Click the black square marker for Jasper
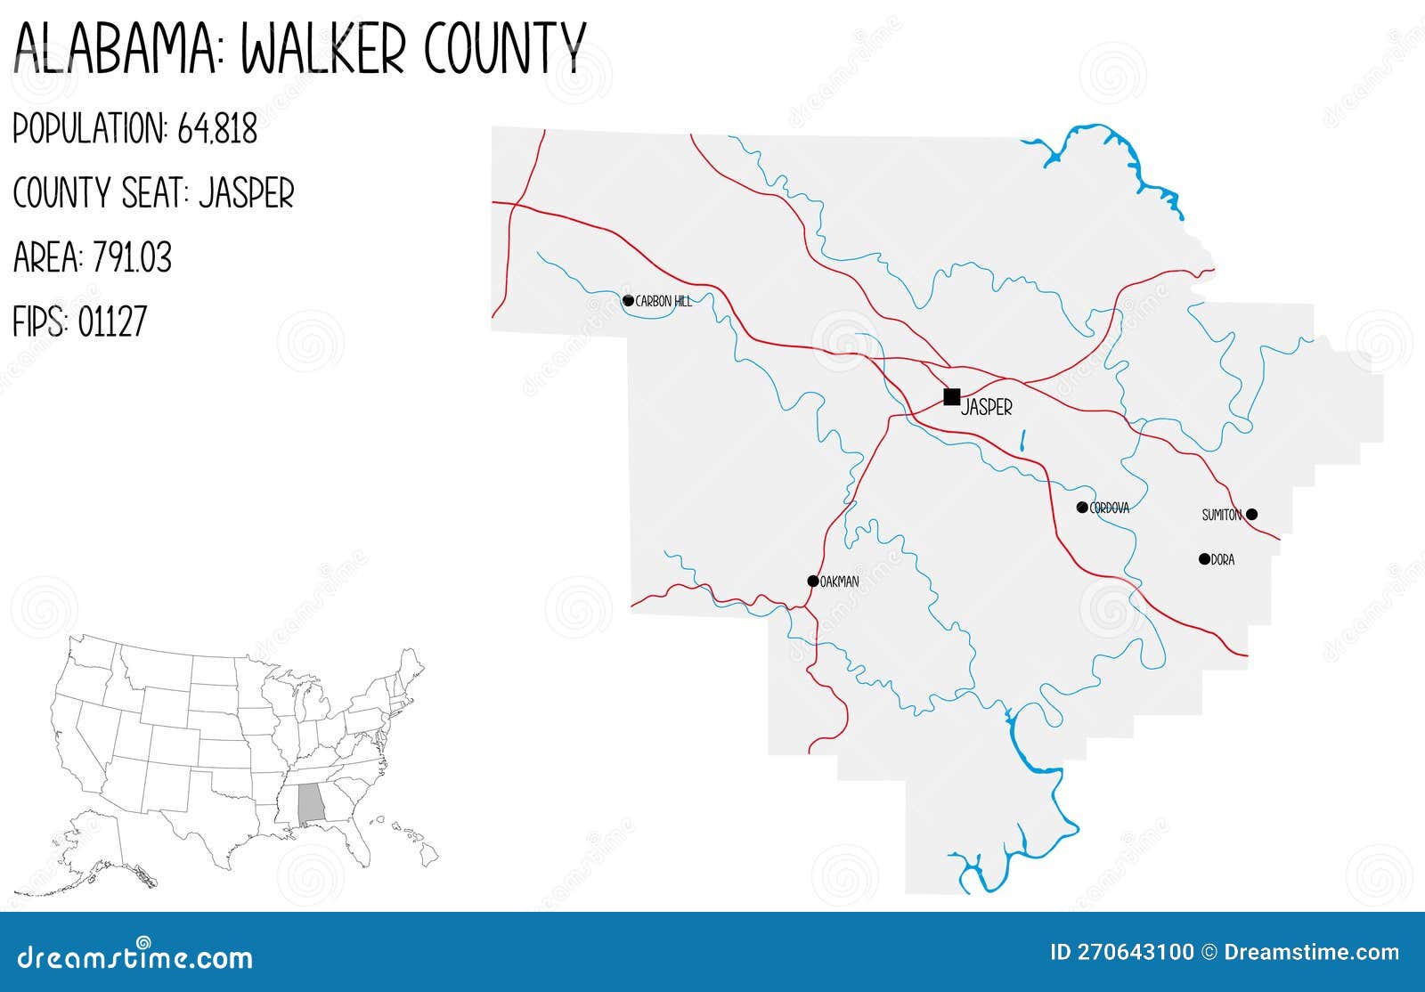pyautogui.click(x=951, y=396)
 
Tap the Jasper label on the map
pyautogui.click(x=987, y=408)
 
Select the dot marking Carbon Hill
pyautogui.click(x=628, y=301)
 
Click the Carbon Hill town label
pyautogui.click(x=664, y=302)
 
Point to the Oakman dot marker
pyautogui.click(x=812, y=581)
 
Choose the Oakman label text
pyautogui.click(x=840, y=582)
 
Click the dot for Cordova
pyautogui.click(x=1082, y=508)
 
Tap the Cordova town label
pyautogui.click(x=1110, y=508)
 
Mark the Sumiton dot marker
pyautogui.click(x=1251, y=514)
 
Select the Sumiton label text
pyautogui.click(x=1221, y=515)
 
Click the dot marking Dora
pyautogui.click(x=1204, y=559)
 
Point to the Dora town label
pyautogui.click(x=1223, y=560)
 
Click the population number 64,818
pyautogui.click(x=217, y=130)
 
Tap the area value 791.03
pyautogui.click(x=132, y=258)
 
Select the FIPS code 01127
pyautogui.click(x=112, y=322)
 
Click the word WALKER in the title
pyautogui.click(x=324, y=48)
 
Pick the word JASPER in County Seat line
pyautogui.click(x=246, y=194)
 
